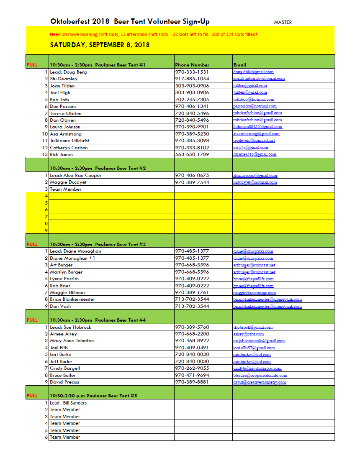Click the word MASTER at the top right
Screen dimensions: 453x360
point(283,22)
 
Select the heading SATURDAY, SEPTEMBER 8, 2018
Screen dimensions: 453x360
point(100,45)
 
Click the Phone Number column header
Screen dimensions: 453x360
point(192,65)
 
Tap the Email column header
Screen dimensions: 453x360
point(240,65)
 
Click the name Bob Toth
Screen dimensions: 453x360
point(59,100)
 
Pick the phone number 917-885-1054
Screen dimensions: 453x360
point(192,79)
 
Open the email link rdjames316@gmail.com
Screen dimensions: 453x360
point(255,154)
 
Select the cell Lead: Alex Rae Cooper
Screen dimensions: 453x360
point(75,175)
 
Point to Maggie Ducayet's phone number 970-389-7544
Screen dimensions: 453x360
point(192,182)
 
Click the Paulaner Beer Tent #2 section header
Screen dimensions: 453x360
point(98,168)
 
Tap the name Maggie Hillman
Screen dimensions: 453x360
point(67,292)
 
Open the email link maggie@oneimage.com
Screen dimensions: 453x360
point(255,293)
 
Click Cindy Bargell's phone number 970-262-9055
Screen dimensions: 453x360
point(192,368)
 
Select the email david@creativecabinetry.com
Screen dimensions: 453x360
point(260,382)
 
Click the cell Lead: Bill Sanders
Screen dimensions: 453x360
point(68,403)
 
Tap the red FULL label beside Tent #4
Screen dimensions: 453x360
point(32,320)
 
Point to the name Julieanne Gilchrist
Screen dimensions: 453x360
point(69,141)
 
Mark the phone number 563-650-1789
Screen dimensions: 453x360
point(192,154)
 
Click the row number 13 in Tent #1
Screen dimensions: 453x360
point(45,154)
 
